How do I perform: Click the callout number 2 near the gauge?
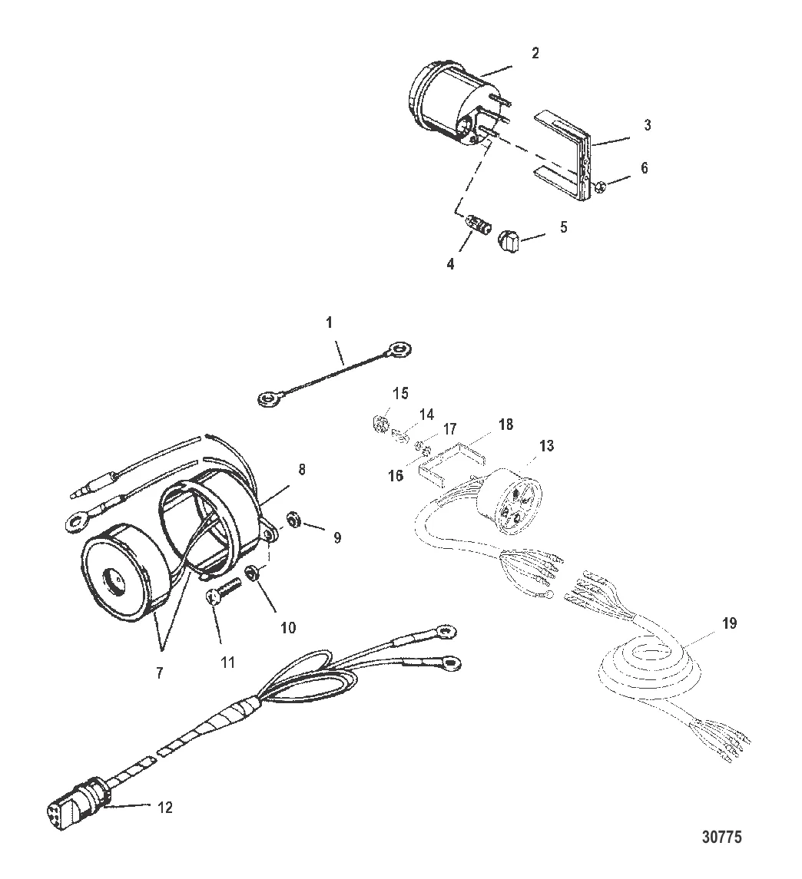(x=535, y=53)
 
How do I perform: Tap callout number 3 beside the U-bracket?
(x=648, y=124)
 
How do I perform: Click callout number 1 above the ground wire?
(x=330, y=322)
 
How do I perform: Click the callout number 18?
(x=506, y=425)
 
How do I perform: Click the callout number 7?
(x=159, y=672)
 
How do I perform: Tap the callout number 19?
(x=729, y=623)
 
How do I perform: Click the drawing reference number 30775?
(x=722, y=837)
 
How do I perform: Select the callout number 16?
(x=396, y=475)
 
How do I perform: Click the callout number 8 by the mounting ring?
(x=302, y=469)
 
